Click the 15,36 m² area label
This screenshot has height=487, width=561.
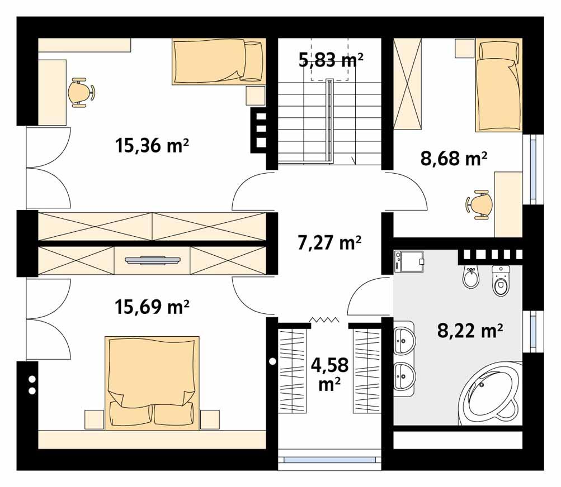tap(152, 146)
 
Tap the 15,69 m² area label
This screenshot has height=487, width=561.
tap(152, 307)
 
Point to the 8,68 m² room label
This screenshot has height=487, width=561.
tap(453, 159)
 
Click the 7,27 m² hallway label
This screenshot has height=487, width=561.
tap(328, 243)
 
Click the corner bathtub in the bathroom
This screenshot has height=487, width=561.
tap(489, 391)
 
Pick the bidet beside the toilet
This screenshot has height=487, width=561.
tap(471, 278)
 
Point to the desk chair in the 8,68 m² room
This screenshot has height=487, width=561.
tap(479, 203)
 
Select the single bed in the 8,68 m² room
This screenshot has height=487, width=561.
tap(499, 87)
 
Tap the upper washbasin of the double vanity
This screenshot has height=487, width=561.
tap(404, 338)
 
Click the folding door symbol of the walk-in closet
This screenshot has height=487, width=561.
tap(325, 320)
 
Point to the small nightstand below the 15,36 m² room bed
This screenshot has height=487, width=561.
tap(255, 96)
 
